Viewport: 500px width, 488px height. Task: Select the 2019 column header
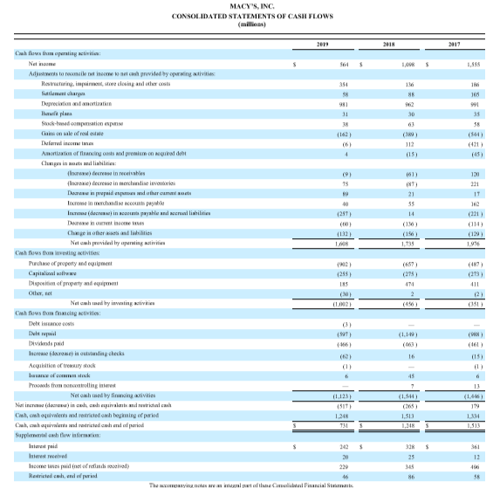point(319,42)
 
